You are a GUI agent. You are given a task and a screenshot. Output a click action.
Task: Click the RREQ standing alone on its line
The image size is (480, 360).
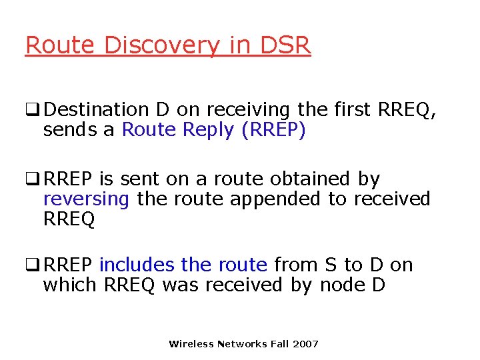click(x=69, y=219)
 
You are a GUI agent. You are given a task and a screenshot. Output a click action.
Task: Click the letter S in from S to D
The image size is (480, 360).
click(x=330, y=265)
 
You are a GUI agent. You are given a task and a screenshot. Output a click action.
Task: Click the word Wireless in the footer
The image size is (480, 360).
click(x=191, y=344)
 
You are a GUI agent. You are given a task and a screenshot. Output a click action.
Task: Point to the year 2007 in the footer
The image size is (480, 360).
click(x=305, y=344)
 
